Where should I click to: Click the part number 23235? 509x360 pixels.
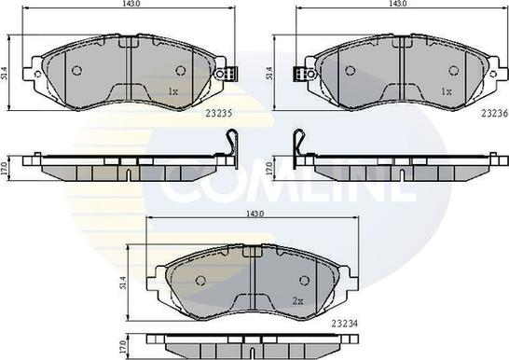click(x=219, y=114)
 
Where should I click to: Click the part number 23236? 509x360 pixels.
click(x=494, y=113)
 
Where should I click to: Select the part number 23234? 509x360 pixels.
click(x=344, y=324)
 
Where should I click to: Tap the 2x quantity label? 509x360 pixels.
click(x=297, y=301)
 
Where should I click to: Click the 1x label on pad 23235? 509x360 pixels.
click(x=173, y=92)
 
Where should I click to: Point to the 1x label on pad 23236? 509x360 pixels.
click(x=447, y=92)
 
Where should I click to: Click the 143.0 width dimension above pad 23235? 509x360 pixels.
click(x=129, y=4)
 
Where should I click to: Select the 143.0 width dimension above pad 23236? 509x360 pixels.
click(x=402, y=4)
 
